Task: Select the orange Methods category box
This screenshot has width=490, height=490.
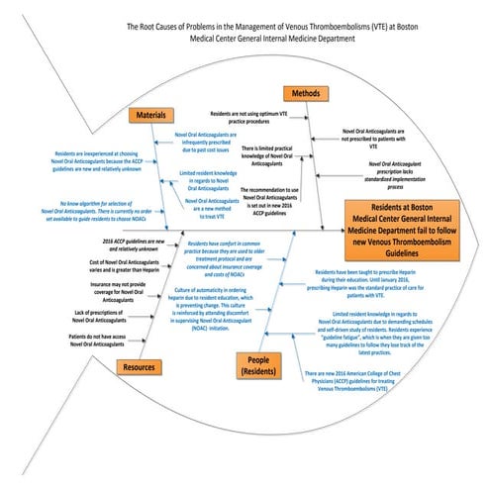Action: click(x=305, y=93)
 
